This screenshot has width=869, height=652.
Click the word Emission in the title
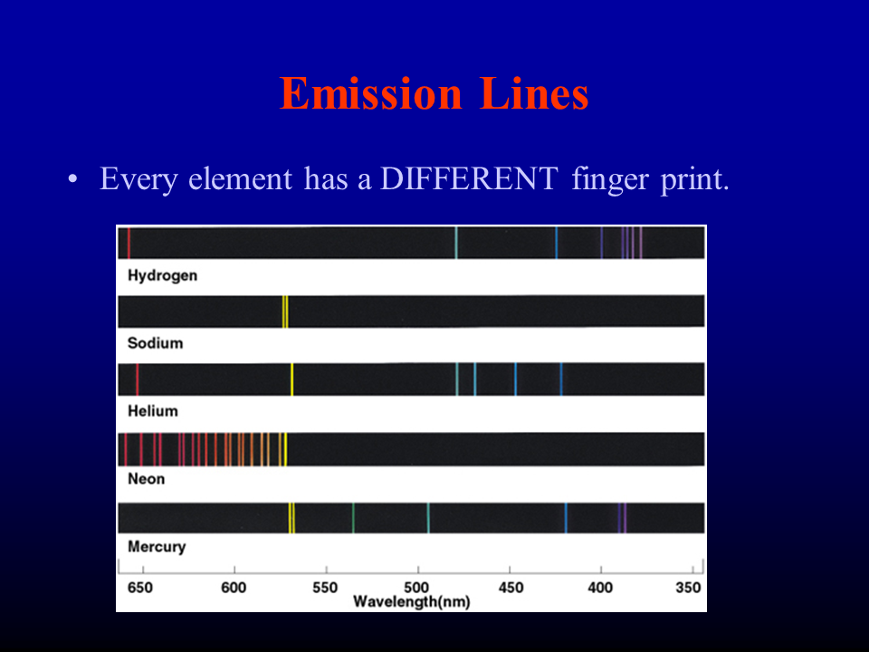(x=371, y=93)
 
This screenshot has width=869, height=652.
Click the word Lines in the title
(x=534, y=93)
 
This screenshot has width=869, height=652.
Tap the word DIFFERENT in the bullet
(x=469, y=178)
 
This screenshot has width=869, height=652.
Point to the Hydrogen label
(x=162, y=275)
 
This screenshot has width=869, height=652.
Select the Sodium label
(x=155, y=343)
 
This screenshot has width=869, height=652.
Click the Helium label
(x=153, y=411)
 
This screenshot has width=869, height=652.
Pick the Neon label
(x=147, y=478)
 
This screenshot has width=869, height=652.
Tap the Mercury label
(x=157, y=547)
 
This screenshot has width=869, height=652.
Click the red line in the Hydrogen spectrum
(x=129, y=243)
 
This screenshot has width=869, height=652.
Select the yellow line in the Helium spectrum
(x=292, y=379)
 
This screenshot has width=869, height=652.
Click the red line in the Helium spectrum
(x=137, y=379)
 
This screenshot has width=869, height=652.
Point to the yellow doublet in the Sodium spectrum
(x=285, y=312)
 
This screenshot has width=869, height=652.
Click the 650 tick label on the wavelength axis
(x=139, y=588)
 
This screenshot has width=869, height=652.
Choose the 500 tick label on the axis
(x=416, y=588)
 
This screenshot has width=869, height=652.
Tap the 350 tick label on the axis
(x=688, y=588)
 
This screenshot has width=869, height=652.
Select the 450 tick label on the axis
(x=511, y=588)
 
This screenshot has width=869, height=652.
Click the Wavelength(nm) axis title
(x=412, y=601)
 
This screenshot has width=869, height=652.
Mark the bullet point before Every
(x=72, y=179)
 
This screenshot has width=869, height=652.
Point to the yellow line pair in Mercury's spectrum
(x=291, y=518)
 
